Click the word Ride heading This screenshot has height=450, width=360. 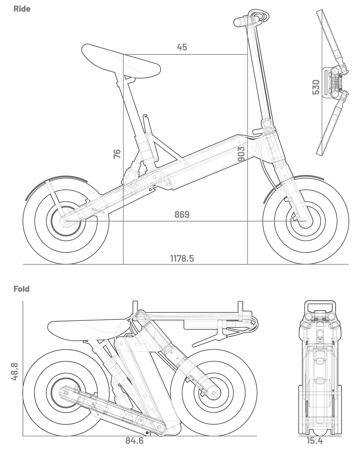tap(22, 9)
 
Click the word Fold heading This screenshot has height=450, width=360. tap(22, 289)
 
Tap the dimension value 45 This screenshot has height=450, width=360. tap(182, 47)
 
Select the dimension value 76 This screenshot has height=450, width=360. tap(117, 154)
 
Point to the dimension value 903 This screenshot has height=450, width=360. tap(241, 154)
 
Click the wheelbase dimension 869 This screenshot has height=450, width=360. tap(182, 214)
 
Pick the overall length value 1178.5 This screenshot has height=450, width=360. tap(182, 259)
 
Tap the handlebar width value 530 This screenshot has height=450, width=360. tap(316, 87)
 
